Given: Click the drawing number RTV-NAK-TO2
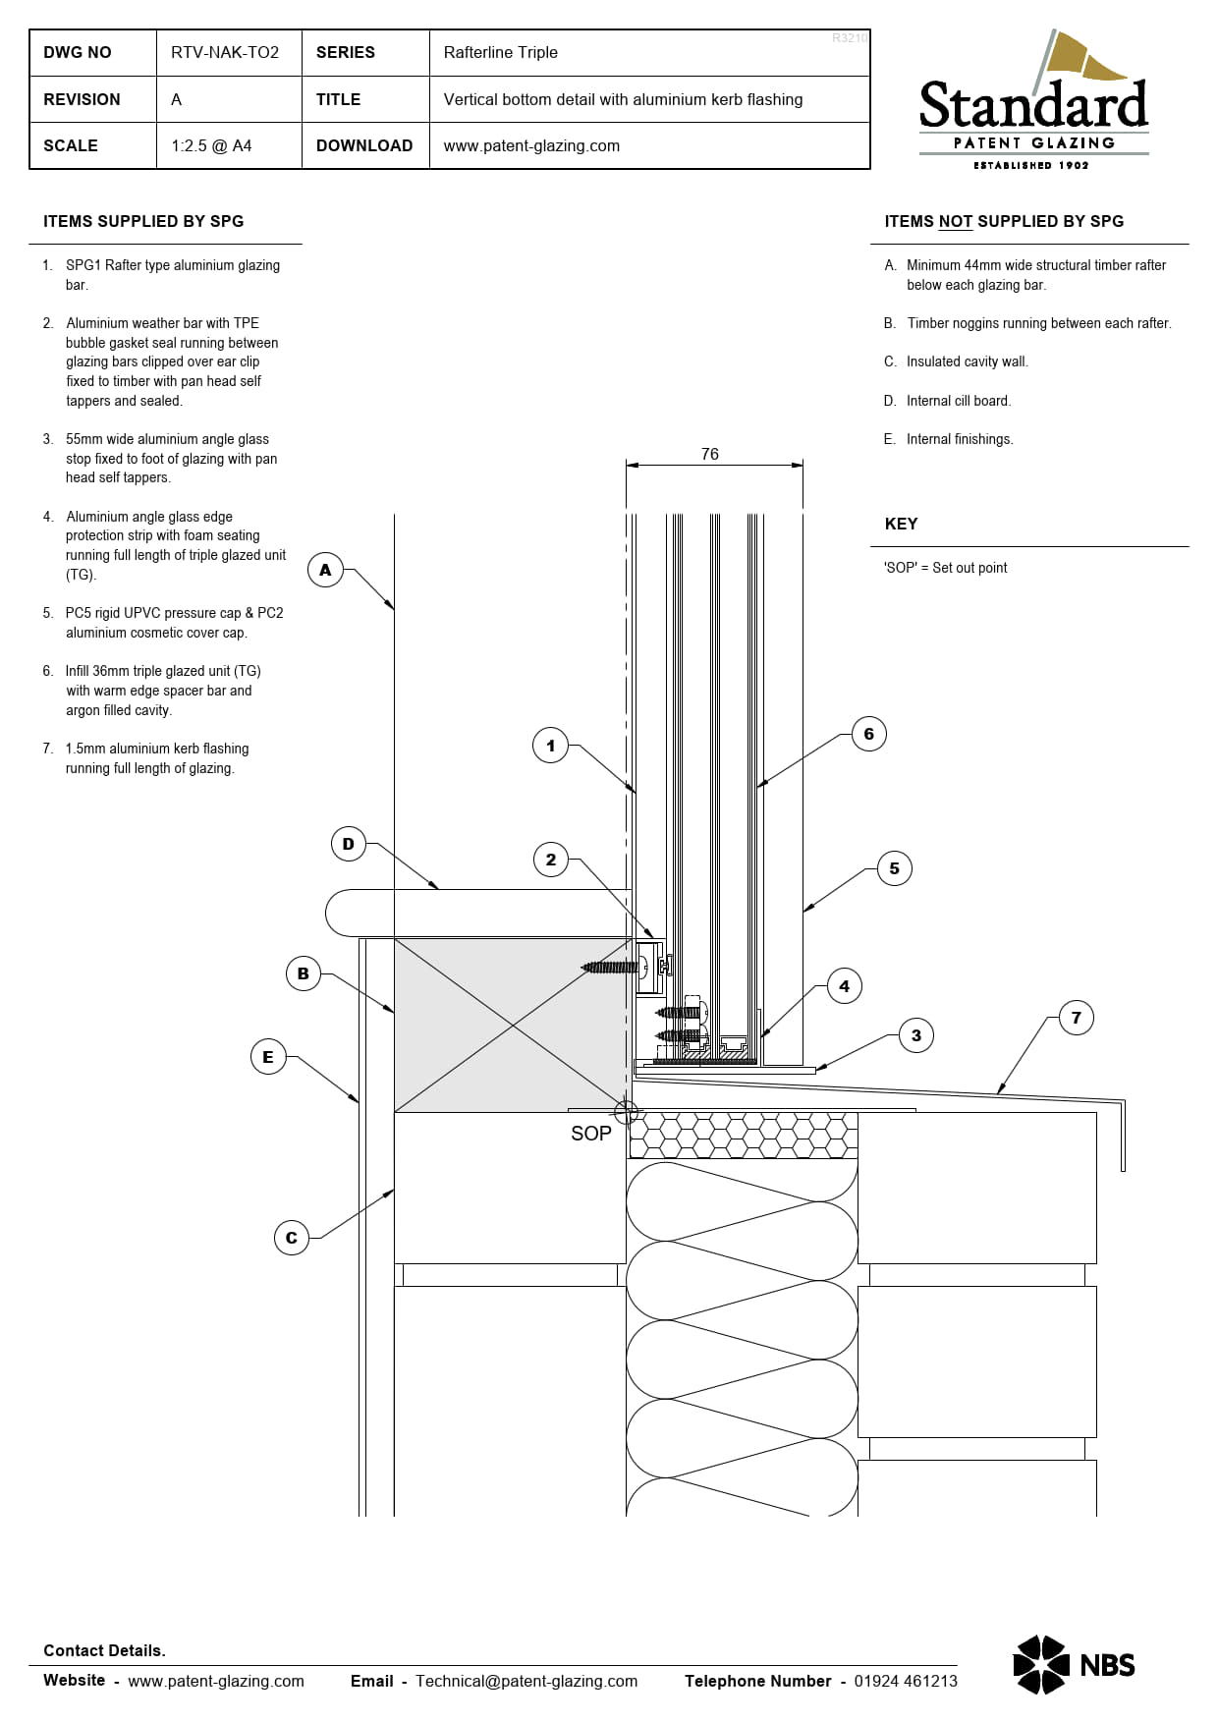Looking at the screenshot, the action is click(225, 52).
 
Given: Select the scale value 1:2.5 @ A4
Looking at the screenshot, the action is click(211, 145).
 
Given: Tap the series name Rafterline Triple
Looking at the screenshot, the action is click(500, 52).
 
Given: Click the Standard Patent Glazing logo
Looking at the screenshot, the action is click(1033, 100).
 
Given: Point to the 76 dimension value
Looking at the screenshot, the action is click(710, 454).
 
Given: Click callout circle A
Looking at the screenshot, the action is click(325, 570).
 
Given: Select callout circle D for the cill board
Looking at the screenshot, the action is click(348, 844).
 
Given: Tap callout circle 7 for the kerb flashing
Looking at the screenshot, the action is click(1077, 1018).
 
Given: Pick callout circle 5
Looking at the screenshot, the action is click(894, 868).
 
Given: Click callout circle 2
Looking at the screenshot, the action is click(551, 860).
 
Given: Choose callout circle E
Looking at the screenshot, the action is click(268, 1057).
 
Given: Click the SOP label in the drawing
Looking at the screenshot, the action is click(591, 1134).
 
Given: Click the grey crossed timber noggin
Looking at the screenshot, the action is click(511, 1026).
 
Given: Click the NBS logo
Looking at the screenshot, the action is click(1074, 1665).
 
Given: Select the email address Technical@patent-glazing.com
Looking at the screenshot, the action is click(526, 1681).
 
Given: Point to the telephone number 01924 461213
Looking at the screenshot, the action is click(906, 1681).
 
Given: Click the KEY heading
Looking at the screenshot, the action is click(901, 524).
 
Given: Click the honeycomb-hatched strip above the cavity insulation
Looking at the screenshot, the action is click(743, 1136).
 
